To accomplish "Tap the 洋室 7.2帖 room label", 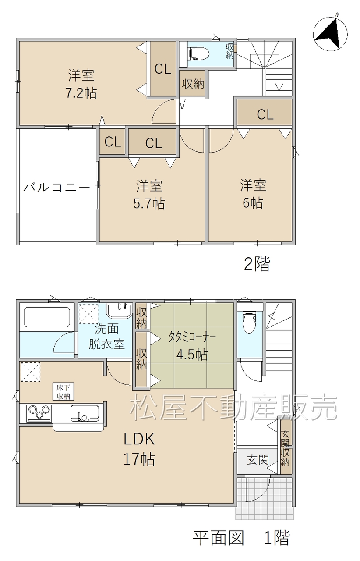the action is pos(81,84).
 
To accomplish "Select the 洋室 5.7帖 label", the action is pos(149,195).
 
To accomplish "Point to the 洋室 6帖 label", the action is pos(253,194).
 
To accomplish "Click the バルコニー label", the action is pos(56,187).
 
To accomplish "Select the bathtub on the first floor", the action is pos(47,317).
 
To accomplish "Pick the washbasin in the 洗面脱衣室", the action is pos(119,311).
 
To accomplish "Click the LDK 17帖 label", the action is pos(139,449).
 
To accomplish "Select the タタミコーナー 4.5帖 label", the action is pos(192,345).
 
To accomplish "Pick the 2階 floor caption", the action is pos(257,264).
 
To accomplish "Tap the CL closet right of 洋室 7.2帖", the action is pos(163,69).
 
